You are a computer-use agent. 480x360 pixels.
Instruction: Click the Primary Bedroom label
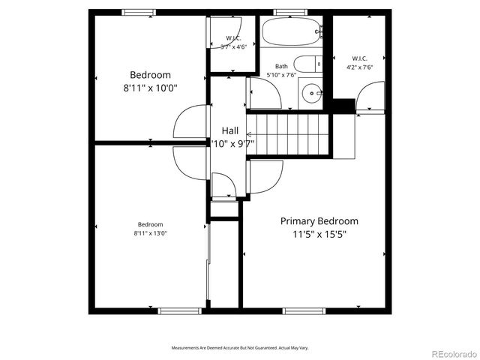click(319, 221)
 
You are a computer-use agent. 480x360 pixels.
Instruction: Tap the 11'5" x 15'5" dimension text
click(319, 234)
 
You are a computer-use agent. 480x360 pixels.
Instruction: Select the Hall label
click(229, 130)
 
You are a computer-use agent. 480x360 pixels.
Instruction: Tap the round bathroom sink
click(309, 94)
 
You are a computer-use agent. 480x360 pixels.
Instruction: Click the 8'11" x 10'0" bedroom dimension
click(150, 87)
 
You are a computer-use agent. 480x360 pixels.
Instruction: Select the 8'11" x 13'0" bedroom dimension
click(150, 233)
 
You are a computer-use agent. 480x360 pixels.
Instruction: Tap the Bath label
click(281, 66)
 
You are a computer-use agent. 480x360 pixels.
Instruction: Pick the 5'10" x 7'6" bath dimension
click(281, 75)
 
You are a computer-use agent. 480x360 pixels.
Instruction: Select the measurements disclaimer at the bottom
click(240, 348)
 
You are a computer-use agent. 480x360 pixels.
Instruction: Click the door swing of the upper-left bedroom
click(190, 121)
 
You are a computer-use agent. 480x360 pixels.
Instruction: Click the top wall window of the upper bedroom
click(139, 11)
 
